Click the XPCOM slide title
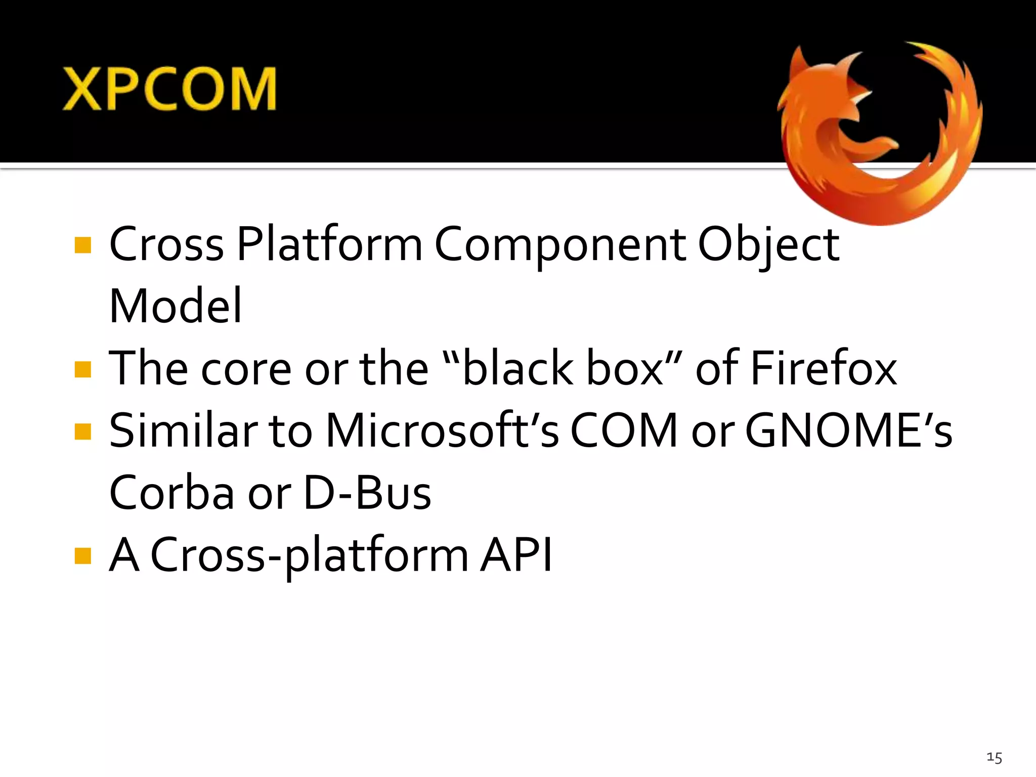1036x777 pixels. click(169, 90)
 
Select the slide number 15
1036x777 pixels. click(994, 757)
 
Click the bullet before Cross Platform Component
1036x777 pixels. click(82, 245)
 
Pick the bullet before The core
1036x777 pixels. click(82, 369)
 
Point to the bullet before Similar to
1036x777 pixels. click(82, 431)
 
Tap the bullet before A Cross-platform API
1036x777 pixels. click(82, 555)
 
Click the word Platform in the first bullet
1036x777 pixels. click(329, 244)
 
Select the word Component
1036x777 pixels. click(560, 245)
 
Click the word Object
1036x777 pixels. click(768, 245)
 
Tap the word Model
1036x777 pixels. click(176, 306)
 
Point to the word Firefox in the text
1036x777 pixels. click(824, 368)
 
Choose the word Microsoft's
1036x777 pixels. click(443, 430)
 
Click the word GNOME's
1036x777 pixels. click(849, 430)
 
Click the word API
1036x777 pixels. click(516, 555)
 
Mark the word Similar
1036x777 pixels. click(184, 430)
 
